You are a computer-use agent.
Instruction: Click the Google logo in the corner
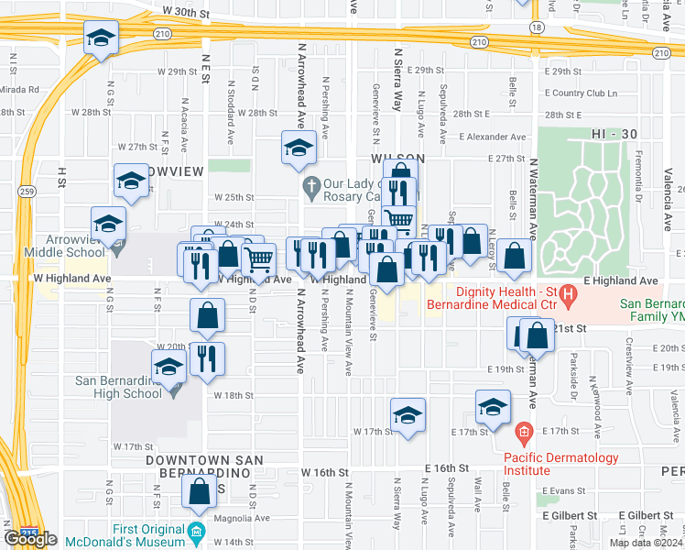click(x=30, y=539)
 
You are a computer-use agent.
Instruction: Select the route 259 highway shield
click(x=27, y=192)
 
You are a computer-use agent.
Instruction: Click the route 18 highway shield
click(x=535, y=28)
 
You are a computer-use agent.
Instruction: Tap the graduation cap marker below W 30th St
click(x=101, y=38)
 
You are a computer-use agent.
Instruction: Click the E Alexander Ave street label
click(x=493, y=137)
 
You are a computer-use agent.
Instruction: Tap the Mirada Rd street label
click(x=20, y=90)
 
